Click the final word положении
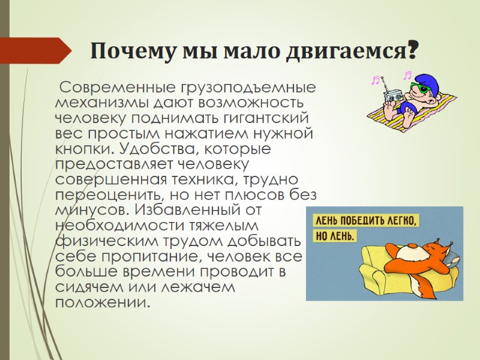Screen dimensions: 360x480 100,302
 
